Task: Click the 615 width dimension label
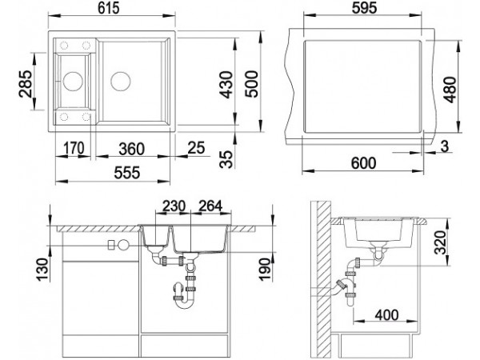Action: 108,8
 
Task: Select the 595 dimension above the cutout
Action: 364,8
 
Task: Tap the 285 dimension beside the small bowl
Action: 25,84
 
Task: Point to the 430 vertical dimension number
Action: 226,85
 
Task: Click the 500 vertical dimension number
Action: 252,84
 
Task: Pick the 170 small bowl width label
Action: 74,148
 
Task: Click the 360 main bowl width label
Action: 132,149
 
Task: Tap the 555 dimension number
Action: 126,173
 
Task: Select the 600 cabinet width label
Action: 363,163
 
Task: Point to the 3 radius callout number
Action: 445,146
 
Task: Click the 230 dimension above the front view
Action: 174,206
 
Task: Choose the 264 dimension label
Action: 210,206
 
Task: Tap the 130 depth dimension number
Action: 42,270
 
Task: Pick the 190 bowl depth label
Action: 265,270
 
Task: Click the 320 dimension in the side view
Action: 440,243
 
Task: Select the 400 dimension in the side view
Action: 387,315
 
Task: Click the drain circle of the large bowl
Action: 121,81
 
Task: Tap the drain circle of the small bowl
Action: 73,81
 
